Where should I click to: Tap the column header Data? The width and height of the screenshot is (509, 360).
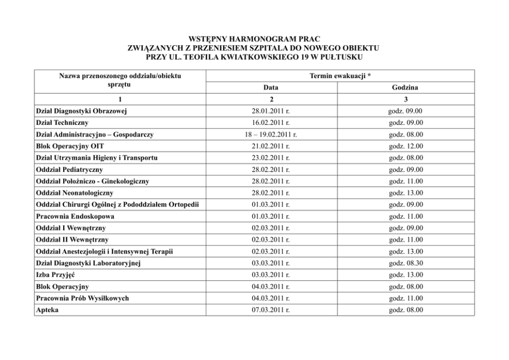[271, 88]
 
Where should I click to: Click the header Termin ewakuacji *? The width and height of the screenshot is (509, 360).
[340, 76]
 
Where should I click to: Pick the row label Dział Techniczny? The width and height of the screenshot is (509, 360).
[62, 123]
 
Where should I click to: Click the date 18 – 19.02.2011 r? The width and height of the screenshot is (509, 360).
[271, 135]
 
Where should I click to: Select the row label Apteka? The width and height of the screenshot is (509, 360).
[47, 310]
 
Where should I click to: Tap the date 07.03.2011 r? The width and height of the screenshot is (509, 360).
[271, 310]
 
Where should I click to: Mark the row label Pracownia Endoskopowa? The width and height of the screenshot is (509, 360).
[75, 217]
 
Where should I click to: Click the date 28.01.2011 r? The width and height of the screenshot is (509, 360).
[271, 111]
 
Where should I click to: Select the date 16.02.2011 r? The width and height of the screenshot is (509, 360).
[271, 123]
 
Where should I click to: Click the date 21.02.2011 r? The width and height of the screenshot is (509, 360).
[271, 146]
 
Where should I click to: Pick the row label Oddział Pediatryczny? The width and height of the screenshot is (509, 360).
[70, 169]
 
